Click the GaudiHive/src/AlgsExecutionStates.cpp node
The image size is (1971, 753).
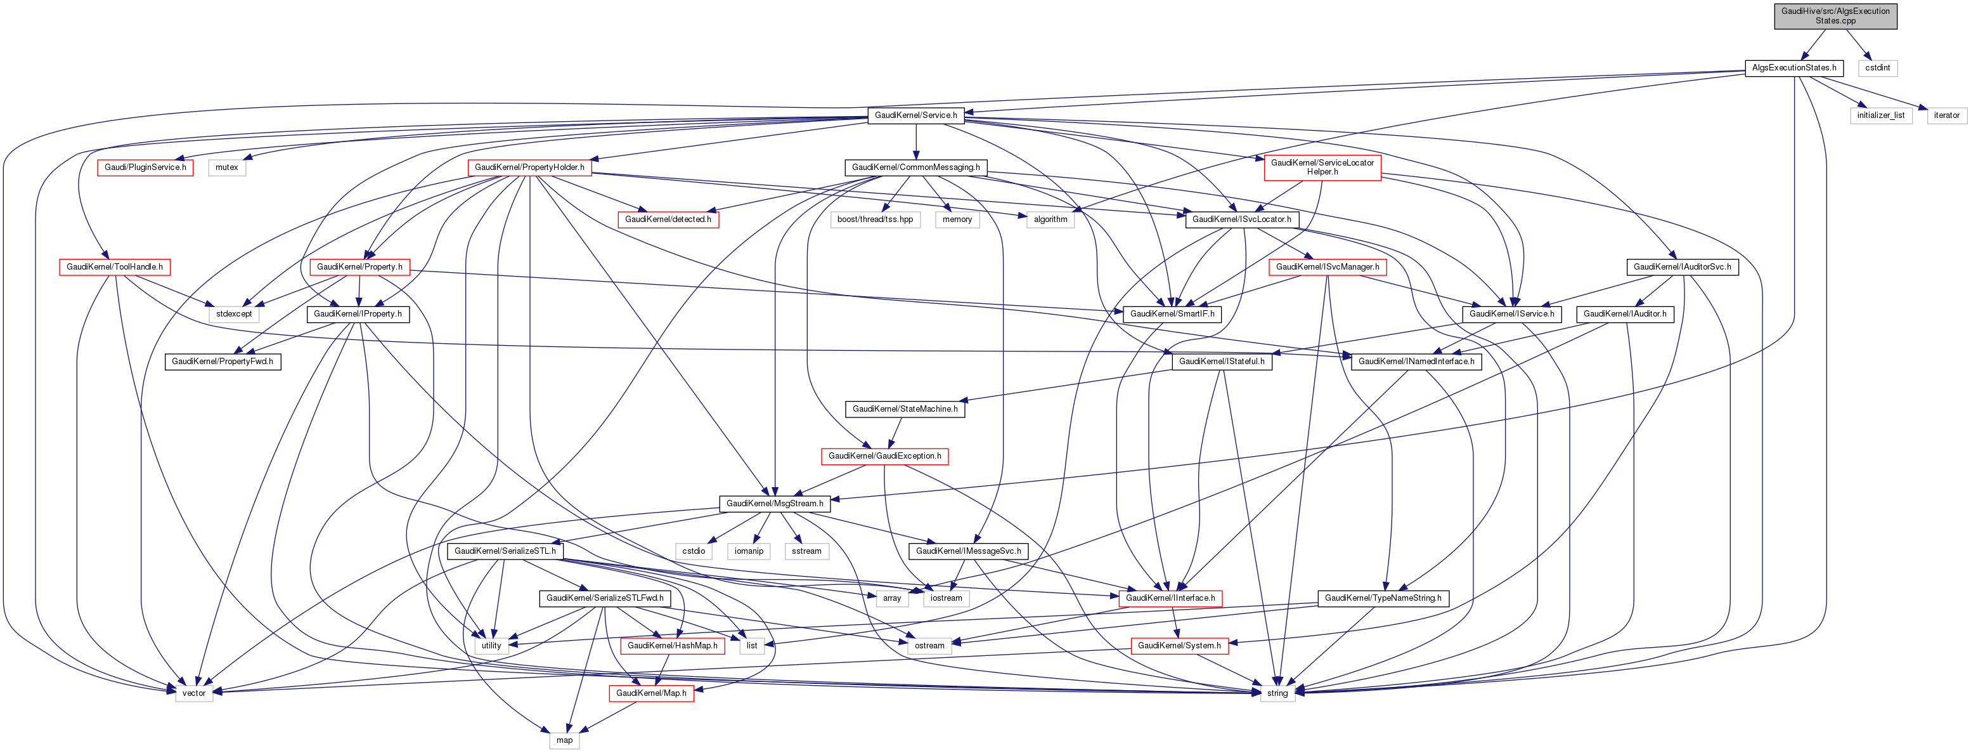pyautogui.click(x=1835, y=15)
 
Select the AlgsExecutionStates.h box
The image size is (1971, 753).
pyautogui.click(x=1793, y=67)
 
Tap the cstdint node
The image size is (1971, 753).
pyautogui.click(x=1877, y=67)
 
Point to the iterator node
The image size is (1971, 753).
pyautogui.click(x=1946, y=115)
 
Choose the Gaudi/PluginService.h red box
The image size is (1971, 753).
pyautogui.click(x=145, y=167)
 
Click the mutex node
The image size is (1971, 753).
pyautogui.click(x=226, y=167)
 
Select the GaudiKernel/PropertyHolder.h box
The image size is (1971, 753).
pyautogui.click(x=529, y=167)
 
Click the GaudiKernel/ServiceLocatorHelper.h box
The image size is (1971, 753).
pyautogui.click(x=1322, y=167)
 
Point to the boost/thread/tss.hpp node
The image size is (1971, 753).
pyautogui.click(x=874, y=219)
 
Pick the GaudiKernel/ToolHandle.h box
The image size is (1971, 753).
pyautogui.click(x=114, y=266)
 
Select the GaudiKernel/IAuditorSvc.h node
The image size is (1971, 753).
pyautogui.click(x=1681, y=266)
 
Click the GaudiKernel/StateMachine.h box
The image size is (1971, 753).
pyautogui.click(x=905, y=409)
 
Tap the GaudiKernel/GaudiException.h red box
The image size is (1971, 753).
pyautogui.click(x=884, y=456)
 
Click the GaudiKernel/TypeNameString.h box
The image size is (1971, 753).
pyautogui.click(x=1383, y=598)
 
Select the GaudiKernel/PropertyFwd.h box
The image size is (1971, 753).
pyautogui.click(x=222, y=361)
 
